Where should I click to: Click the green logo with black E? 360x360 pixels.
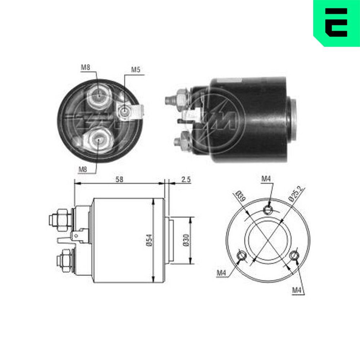point(337,23)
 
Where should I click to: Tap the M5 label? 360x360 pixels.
point(135,70)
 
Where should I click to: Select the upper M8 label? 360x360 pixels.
point(85,68)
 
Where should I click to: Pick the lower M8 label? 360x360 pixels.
point(83,170)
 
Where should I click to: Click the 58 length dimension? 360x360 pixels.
point(119,179)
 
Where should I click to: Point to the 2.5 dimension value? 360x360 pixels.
point(186,179)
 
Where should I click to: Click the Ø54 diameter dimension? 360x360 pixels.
point(149,240)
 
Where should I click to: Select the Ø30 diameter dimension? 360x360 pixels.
point(186,240)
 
